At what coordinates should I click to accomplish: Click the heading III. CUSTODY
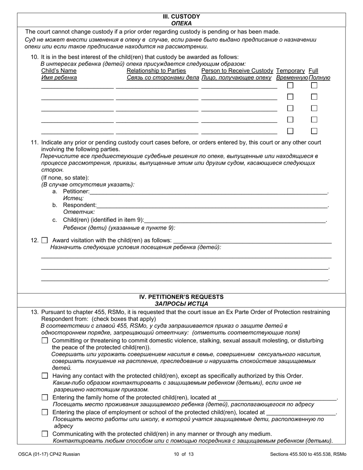pyautogui.click(x=181, y=17)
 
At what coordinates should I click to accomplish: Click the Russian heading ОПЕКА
pyautogui.click(x=181, y=23)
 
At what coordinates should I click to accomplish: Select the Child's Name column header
pyautogui.click(x=59, y=71)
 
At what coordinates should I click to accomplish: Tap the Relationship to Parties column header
pyautogui.click(x=156, y=71)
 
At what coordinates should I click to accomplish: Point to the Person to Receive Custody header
pyautogui.click(x=237, y=71)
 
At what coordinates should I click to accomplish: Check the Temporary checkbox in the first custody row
pyautogui.click(x=290, y=86)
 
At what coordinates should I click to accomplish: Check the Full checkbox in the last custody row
pyautogui.click(x=314, y=131)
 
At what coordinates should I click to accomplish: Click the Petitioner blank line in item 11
pyautogui.click(x=209, y=191)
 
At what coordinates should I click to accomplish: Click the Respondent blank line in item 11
pyautogui.click(x=212, y=205)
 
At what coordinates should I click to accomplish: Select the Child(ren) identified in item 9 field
pyautogui.click(x=235, y=220)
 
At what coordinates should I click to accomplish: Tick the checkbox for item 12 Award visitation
pyautogui.click(x=45, y=241)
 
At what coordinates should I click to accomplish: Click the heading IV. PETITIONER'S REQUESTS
pyautogui.click(x=181, y=297)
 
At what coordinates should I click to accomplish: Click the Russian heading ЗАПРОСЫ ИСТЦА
pyautogui.click(x=181, y=304)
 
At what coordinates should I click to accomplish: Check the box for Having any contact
pyautogui.click(x=45, y=376)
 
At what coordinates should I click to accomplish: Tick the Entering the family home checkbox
pyautogui.click(x=45, y=398)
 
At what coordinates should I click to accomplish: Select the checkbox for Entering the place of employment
pyautogui.click(x=45, y=412)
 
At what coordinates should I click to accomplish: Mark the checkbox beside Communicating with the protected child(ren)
pyautogui.click(x=45, y=434)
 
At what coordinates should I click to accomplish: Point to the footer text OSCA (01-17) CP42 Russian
pyautogui.click(x=49, y=454)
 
